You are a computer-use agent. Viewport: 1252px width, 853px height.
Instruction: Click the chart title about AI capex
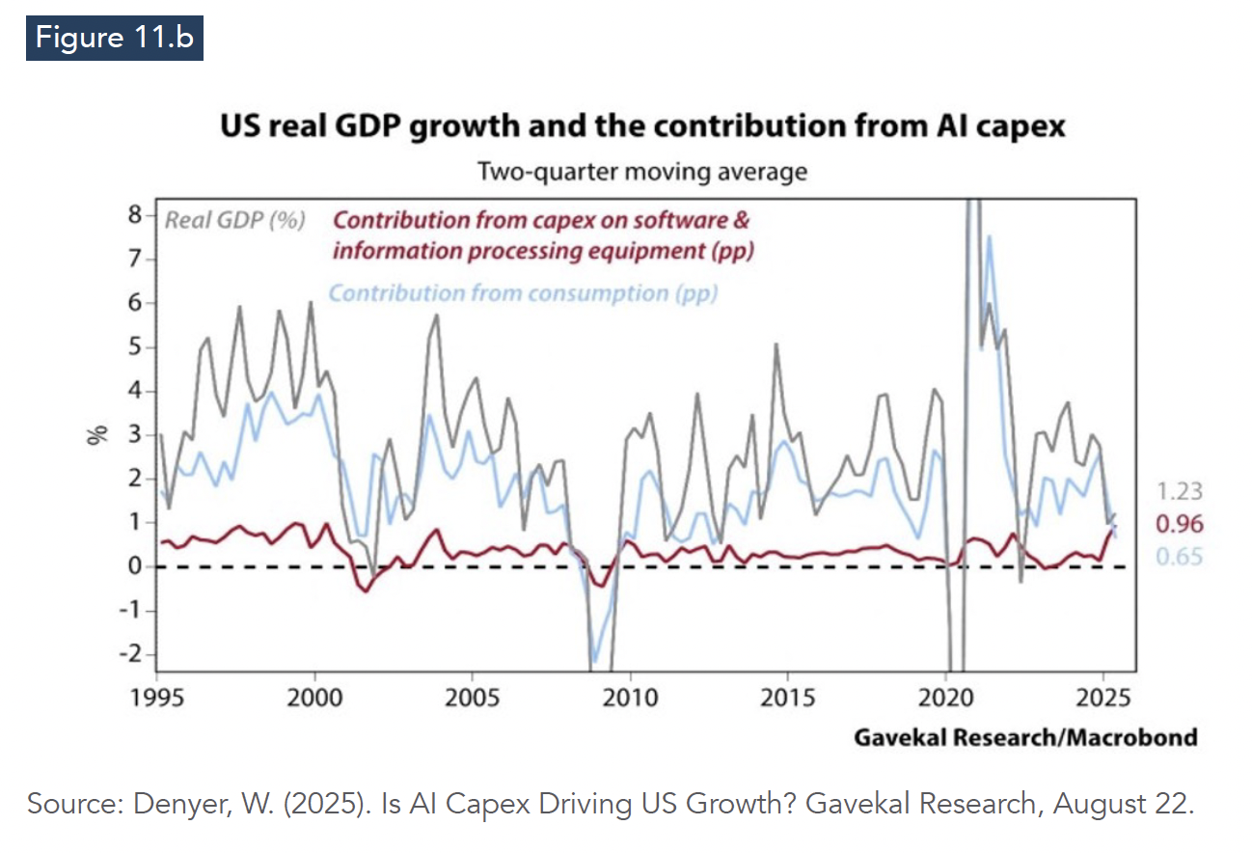pyautogui.click(x=642, y=126)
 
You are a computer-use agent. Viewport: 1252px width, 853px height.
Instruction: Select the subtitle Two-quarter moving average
pyautogui.click(x=642, y=173)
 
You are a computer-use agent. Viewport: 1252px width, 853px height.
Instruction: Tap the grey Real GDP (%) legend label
pyautogui.click(x=235, y=220)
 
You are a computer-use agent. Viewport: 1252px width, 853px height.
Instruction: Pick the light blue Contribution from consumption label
pyautogui.click(x=524, y=292)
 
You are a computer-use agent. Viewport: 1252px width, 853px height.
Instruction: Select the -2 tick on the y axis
pyautogui.click(x=130, y=654)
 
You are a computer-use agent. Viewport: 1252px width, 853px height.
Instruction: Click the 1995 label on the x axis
pyautogui.click(x=156, y=697)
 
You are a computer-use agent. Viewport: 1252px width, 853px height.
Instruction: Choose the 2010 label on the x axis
pyautogui.click(x=630, y=697)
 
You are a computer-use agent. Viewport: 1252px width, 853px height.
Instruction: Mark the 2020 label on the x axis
pyautogui.click(x=946, y=697)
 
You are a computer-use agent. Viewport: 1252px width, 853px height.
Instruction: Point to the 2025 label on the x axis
pyautogui.click(x=1103, y=697)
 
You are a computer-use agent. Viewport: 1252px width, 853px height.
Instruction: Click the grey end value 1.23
pyautogui.click(x=1179, y=492)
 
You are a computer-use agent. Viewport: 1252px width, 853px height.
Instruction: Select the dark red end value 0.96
pyautogui.click(x=1179, y=525)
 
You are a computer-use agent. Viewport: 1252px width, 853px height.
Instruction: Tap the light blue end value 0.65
pyautogui.click(x=1179, y=557)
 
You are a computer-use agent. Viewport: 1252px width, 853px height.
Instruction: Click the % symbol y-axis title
pyautogui.click(x=96, y=434)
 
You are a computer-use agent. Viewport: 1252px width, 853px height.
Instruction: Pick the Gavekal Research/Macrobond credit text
pyautogui.click(x=1025, y=738)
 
